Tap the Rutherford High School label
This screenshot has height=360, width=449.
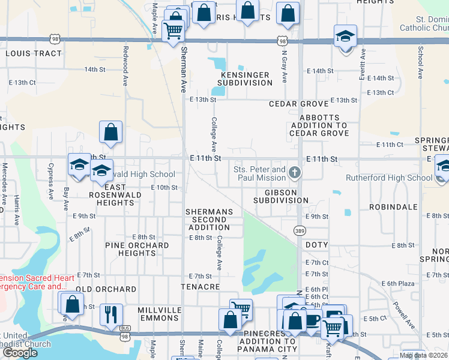388,178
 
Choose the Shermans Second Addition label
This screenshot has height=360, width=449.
206,220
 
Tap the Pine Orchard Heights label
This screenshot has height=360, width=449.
137,249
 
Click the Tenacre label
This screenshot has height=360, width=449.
200,287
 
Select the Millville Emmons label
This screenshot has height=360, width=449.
160,313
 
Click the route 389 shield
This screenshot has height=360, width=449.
300,230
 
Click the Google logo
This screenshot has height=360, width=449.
20,352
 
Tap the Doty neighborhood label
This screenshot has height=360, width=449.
316,245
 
